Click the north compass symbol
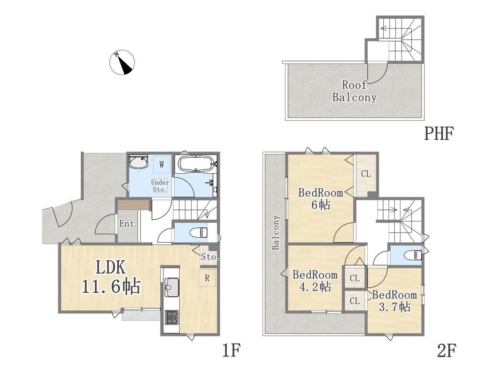tap(122, 62)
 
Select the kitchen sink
tap(172, 287)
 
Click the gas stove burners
tap(172, 318)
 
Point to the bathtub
tap(196, 163)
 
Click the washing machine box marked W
tap(162, 164)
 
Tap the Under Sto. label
tap(160, 186)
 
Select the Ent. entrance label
tap(128, 224)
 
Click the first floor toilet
tap(198, 233)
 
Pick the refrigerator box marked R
tap(207, 278)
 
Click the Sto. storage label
tap(210, 257)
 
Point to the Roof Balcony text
tap(354, 91)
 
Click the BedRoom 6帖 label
tap(320, 199)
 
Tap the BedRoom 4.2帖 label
tap(315, 281)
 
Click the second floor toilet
tap(412, 255)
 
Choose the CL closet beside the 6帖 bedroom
tap(366, 174)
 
